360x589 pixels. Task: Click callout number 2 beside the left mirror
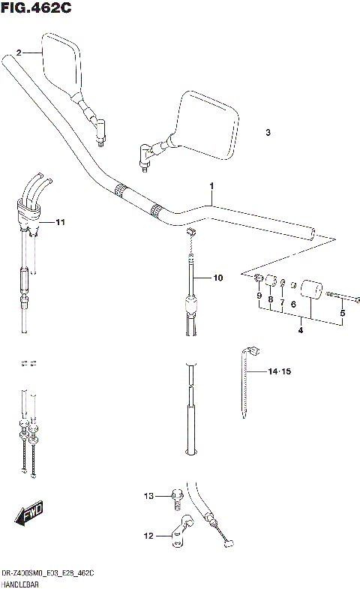(19, 53)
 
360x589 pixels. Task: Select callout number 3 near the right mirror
(268, 133)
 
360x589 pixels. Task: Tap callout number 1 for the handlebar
(211, 185)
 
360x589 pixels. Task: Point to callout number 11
(61, 223)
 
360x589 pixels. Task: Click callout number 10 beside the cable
(217, 278)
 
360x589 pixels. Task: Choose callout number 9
(259, 296)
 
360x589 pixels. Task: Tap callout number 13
(148, 496)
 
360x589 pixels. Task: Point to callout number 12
(148, 536)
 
